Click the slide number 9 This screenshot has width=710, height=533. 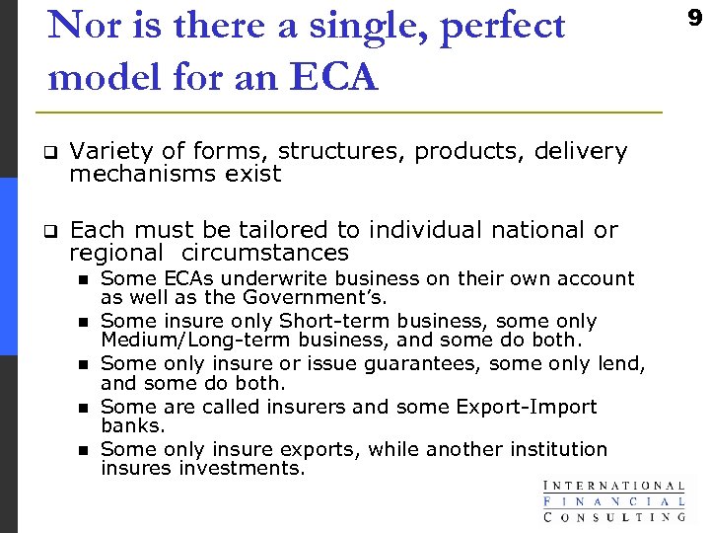(694, 19)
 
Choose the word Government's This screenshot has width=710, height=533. (331, 297)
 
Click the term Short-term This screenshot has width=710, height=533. (329, 322)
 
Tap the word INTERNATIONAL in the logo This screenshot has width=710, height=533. (613, 485)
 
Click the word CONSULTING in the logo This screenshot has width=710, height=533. (613, 515)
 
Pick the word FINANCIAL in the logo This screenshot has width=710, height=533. (613, 500)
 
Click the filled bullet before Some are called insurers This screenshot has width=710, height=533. (84, 408)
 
